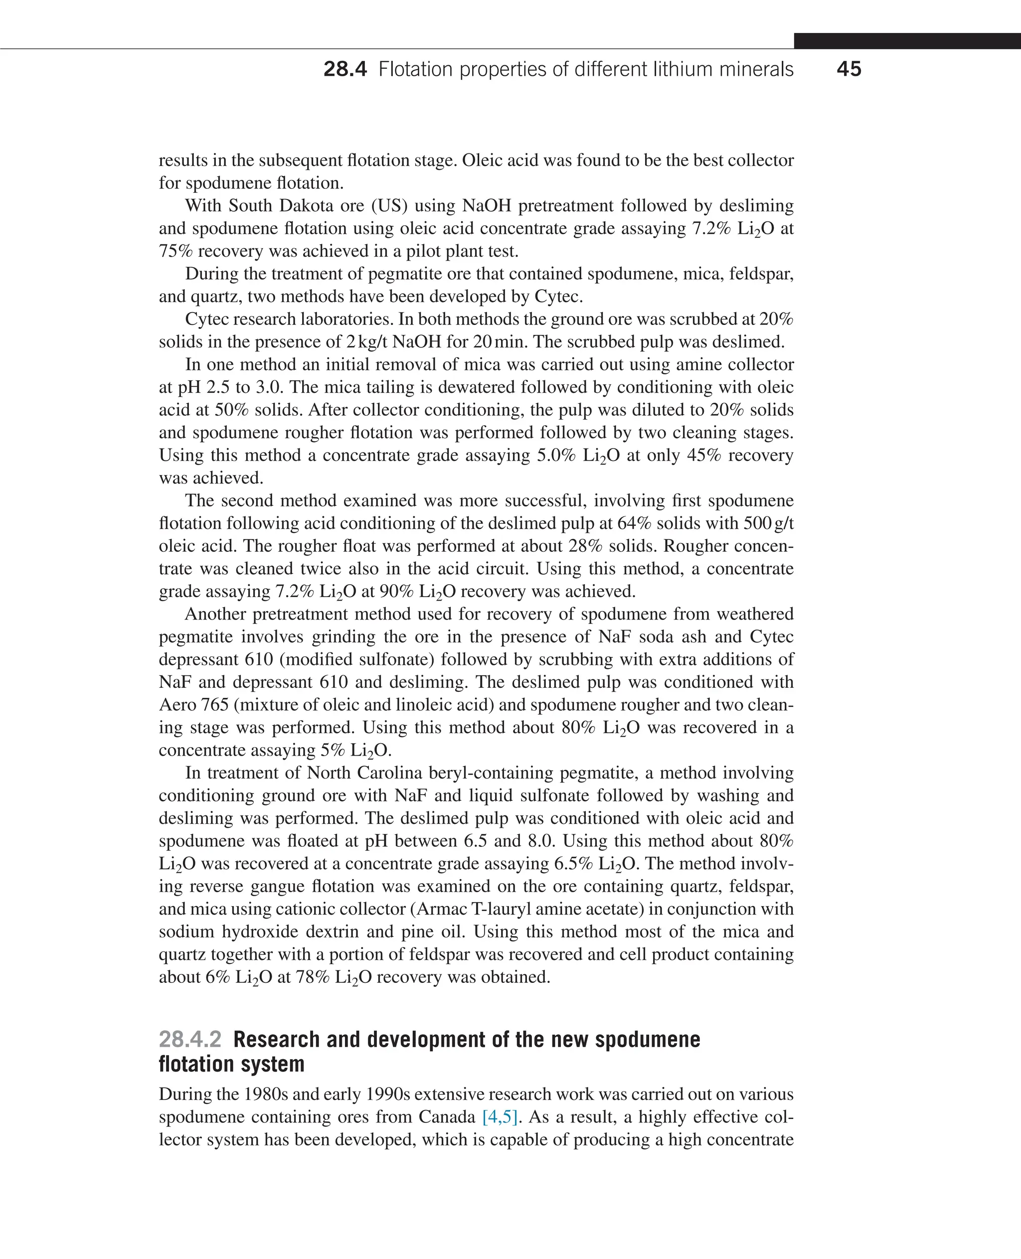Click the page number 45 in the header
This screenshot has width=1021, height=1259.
[848, 69]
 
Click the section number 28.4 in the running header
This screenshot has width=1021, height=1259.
[344, 69]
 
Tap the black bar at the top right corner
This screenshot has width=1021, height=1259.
[907, 40]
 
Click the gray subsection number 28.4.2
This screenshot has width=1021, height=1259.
[190, 1040]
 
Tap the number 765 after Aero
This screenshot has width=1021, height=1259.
[215, 704]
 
